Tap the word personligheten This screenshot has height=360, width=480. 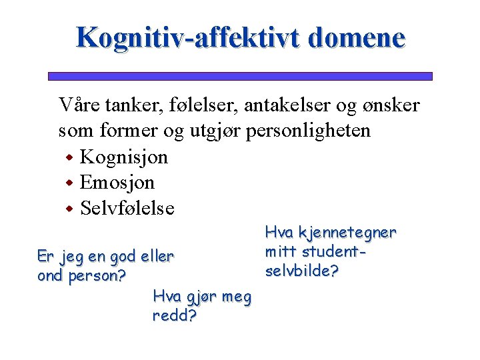[308, 131]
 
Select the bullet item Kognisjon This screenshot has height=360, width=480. [124, 157]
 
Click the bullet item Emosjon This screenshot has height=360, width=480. [117, 183]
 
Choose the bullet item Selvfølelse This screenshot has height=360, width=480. [127, 208]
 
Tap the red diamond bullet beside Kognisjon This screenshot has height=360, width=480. [69, 159]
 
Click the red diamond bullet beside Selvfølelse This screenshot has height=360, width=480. [69, 209]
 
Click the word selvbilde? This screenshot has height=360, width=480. [302, 272]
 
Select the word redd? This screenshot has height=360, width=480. [174, 316]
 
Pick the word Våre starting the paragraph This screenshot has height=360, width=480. [76, 105]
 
